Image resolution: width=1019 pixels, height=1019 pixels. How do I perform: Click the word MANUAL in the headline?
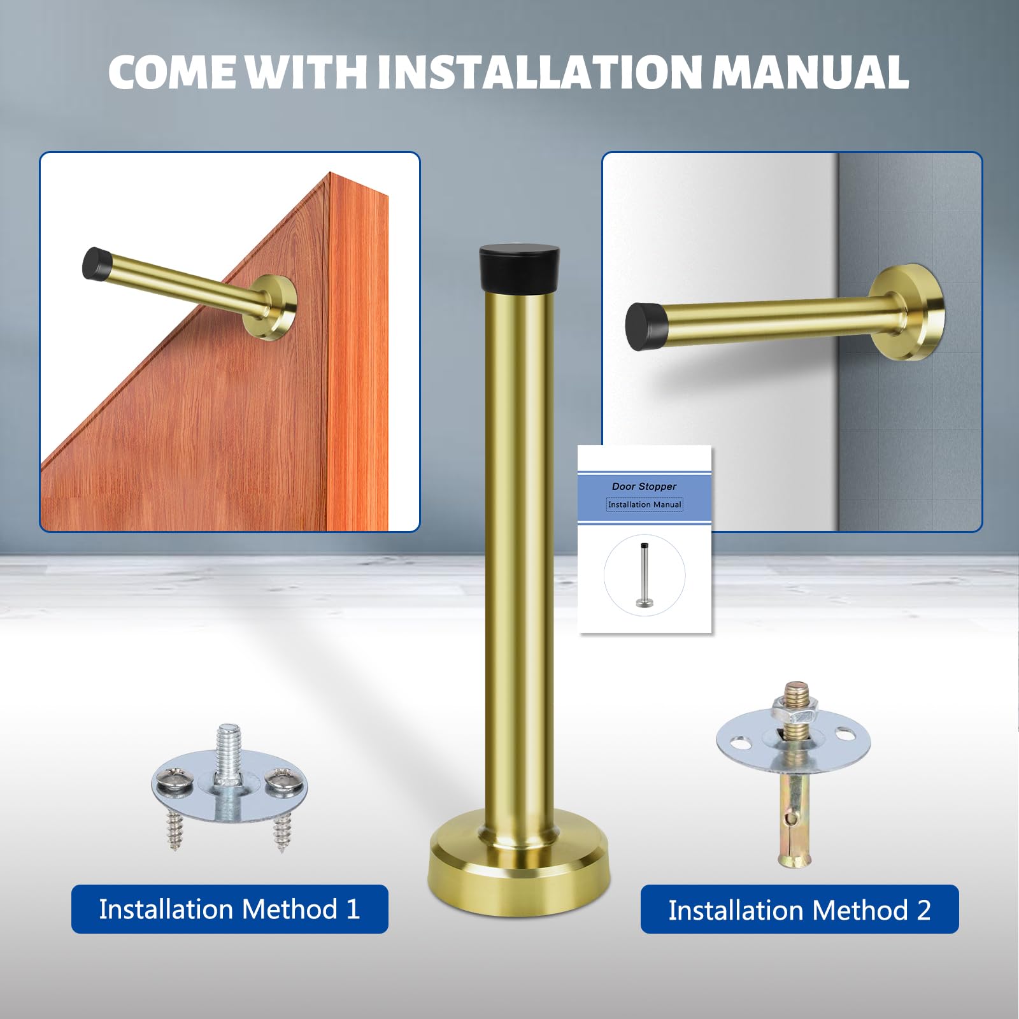point(810,72)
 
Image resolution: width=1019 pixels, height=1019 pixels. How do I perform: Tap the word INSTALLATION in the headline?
point(540,72)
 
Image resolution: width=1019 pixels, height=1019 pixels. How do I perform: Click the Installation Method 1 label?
point(229,909)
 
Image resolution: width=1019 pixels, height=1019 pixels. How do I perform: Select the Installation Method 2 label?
point(799,910)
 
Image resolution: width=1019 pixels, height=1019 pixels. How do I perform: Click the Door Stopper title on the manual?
point(644,486)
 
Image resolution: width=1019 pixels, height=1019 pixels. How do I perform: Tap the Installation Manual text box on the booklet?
point(645,504)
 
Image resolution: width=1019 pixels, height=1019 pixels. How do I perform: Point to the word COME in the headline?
point(172,72)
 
